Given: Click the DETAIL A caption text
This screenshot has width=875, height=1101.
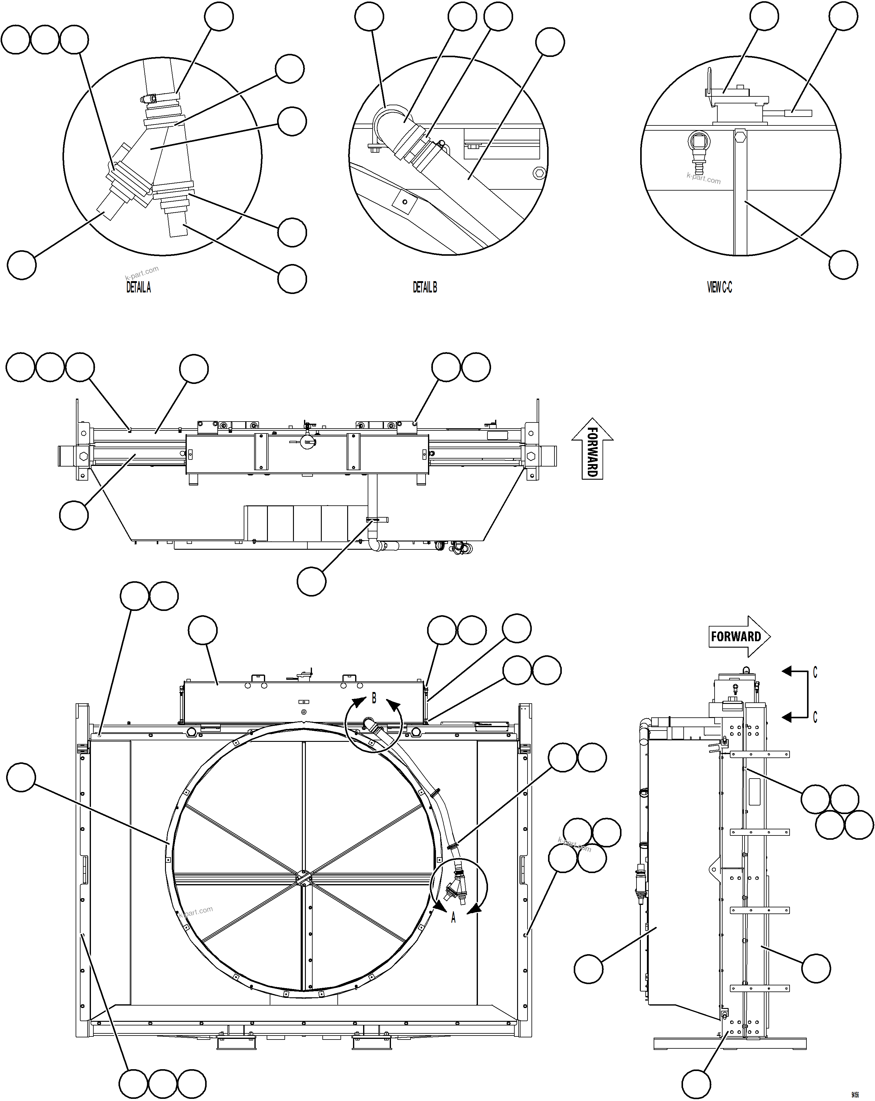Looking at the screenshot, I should click(138, 288).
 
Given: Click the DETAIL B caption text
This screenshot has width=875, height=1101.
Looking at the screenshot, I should click(425, 288).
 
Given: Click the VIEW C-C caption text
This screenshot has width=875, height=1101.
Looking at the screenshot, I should click(719, 288).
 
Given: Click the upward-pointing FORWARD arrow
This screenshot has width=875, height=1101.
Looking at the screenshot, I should click(592, 448).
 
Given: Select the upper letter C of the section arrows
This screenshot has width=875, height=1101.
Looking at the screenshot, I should click(815, 673).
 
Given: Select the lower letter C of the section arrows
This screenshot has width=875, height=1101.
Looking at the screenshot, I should click(815, 717).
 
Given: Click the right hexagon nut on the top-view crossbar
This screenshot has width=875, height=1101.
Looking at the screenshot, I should click(531, 455).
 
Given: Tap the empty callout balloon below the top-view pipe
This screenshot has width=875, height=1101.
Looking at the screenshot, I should click(311, 581).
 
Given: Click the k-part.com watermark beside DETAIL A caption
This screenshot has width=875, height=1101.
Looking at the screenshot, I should click(142, 273).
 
